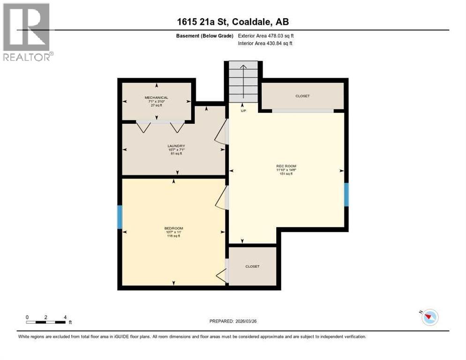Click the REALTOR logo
click(28, 32)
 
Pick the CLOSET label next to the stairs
click(302, 96)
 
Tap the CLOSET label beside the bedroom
click(252, 266)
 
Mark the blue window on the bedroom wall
click(120, 217)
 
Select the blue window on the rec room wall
click(346, 195)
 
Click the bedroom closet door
click(222, 272)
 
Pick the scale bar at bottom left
click(46, 322)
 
